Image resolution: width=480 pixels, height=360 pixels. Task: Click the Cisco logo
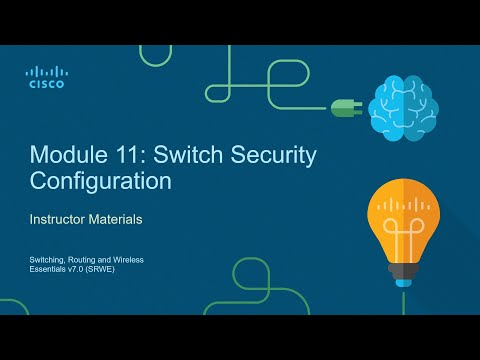tap(46, 77)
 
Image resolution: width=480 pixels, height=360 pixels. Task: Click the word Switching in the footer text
tap(46, 259)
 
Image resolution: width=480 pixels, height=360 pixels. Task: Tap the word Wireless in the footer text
tap(128, 259)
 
